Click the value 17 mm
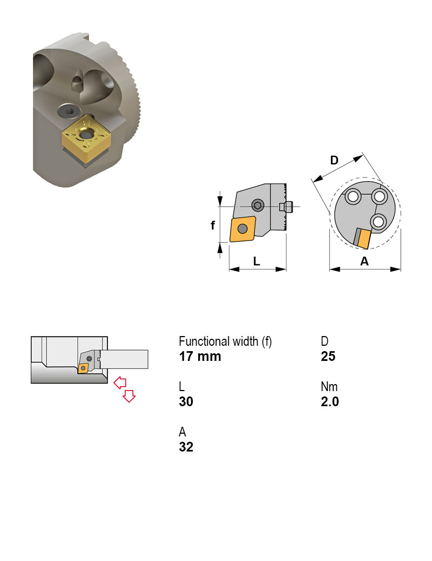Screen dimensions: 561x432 [200, 357]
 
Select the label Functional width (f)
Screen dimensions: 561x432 [225, 341]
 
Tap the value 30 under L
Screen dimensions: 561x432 [186, 402]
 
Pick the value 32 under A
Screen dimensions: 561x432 [186, 447]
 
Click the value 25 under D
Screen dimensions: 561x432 [328, 357]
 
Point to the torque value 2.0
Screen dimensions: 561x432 [329, 402]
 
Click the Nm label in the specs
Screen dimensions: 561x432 [329, 387]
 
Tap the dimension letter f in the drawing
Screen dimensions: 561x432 [213, 225]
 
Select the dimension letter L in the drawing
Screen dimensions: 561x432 [257, 261]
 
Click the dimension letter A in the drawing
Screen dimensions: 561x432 [364, 261]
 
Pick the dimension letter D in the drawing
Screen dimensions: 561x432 [334, 160]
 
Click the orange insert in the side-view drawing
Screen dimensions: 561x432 [243, 229]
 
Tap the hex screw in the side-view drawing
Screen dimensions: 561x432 [259, 206]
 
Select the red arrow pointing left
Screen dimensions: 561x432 [120, 382]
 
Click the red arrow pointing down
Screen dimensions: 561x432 [129, 396]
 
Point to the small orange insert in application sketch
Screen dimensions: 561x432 [83, 368]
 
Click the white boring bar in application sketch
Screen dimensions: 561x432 [124, 359]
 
